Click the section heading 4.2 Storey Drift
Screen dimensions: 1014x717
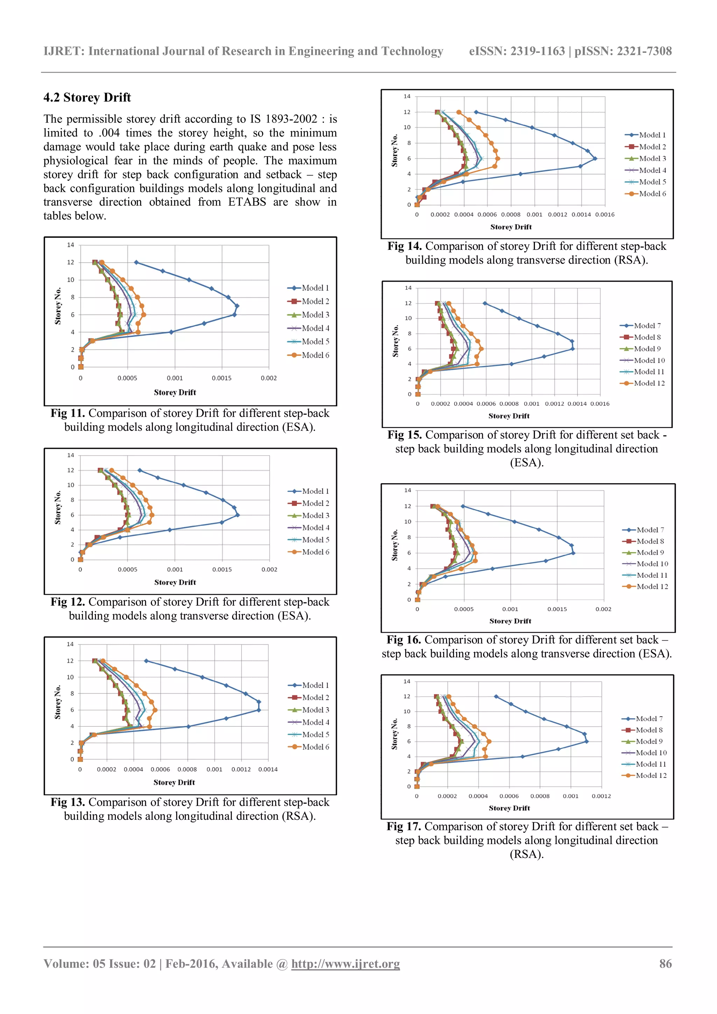(x=87, y=98)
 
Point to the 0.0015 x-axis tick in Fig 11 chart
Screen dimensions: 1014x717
(x=221, y=378)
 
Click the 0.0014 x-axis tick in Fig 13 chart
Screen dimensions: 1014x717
(x=268, y=769)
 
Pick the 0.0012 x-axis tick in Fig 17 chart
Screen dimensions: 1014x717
(x=601, y=796)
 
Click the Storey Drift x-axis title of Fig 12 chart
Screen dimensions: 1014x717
(x=175, y=583)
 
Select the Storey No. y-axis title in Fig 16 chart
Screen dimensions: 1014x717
(x=395, y=545)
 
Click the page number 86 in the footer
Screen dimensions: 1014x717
(x=665, y=964)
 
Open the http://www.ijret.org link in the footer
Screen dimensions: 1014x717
(x=346, y=964)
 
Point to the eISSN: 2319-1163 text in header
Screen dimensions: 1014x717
(x=517, y=51)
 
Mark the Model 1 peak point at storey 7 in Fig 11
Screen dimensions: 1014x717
(x=237, y=305)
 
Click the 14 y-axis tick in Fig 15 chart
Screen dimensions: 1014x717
(x=408, y=288)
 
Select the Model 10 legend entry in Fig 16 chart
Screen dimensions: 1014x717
(x=652, y=564)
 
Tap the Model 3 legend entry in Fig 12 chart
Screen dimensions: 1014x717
(x=315, y=515)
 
